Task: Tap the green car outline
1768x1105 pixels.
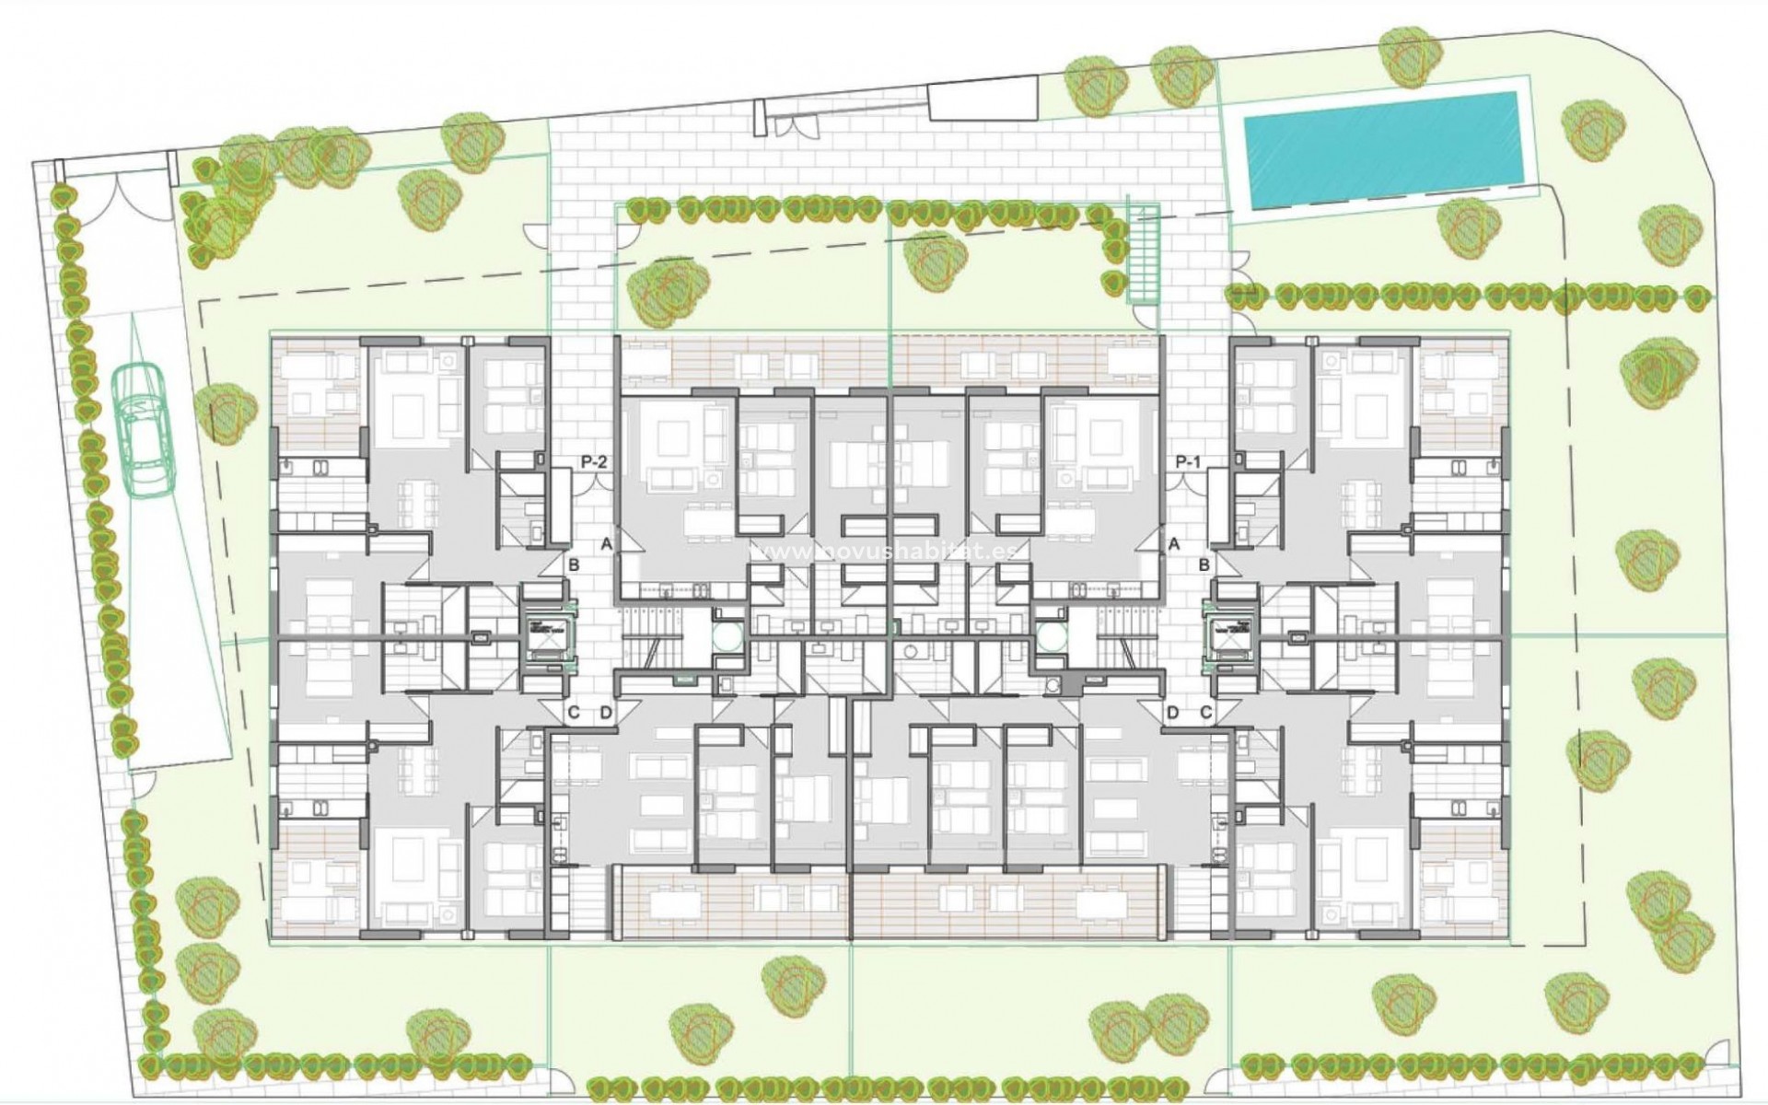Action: [144, 429]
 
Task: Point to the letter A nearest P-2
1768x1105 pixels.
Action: [607, 544]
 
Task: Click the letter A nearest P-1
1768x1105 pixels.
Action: [1173, 544]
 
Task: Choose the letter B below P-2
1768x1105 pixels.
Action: [573, 564]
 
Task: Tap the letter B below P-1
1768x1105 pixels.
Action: [1204, 564]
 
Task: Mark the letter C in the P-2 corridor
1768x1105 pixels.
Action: [573, 712]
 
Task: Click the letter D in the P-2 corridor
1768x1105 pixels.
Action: [606, 712]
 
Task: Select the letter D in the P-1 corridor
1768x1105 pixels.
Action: [1172, 712]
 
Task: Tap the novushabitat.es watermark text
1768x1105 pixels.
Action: [888, 550]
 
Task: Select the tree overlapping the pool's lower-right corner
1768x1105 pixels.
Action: [1463, 227]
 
